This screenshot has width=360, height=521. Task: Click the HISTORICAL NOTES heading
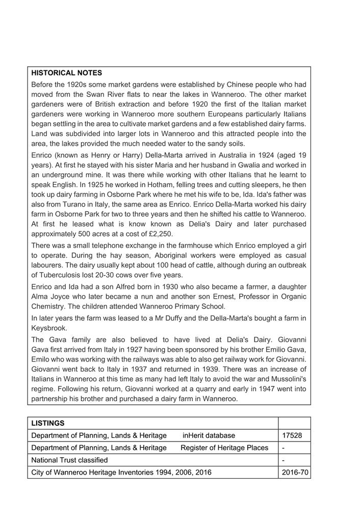coord(66,73)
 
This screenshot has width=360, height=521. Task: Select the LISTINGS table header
coord(48,423)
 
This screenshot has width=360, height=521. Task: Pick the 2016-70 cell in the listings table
coord(294,473)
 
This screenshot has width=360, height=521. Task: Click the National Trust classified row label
coord(69,460)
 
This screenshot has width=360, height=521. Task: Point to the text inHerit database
coord(209,435)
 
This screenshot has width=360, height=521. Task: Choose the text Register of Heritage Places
coord(224,448)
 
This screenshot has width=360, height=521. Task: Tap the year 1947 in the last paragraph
coord(263,389)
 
